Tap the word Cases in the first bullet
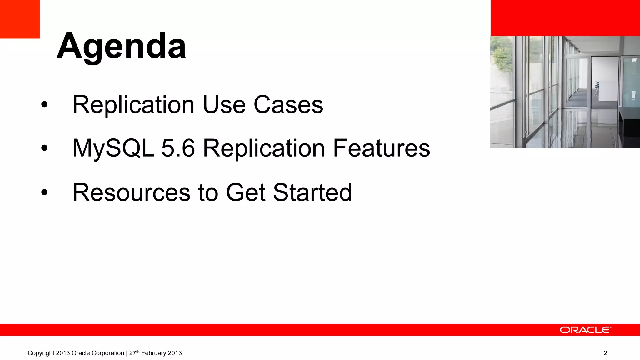pos(288,105)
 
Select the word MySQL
pos(113,148)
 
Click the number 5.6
pos(178,148)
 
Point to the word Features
pos(381,148)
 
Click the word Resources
pos(131,192)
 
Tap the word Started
pos(312,192)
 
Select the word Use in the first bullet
pos(224,105)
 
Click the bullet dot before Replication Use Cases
pos(44,105)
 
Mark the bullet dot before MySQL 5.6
pos(44,149)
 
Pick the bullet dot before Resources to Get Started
pos(44,193)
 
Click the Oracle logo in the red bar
pos(585,330)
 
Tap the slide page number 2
pos(605,353)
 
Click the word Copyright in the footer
pos(41,353)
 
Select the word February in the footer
pos(154,353)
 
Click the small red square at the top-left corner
pos(20,19)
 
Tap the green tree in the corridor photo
pos(502,56)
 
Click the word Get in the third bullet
pos(246,192)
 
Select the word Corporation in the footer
pos(108,353)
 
